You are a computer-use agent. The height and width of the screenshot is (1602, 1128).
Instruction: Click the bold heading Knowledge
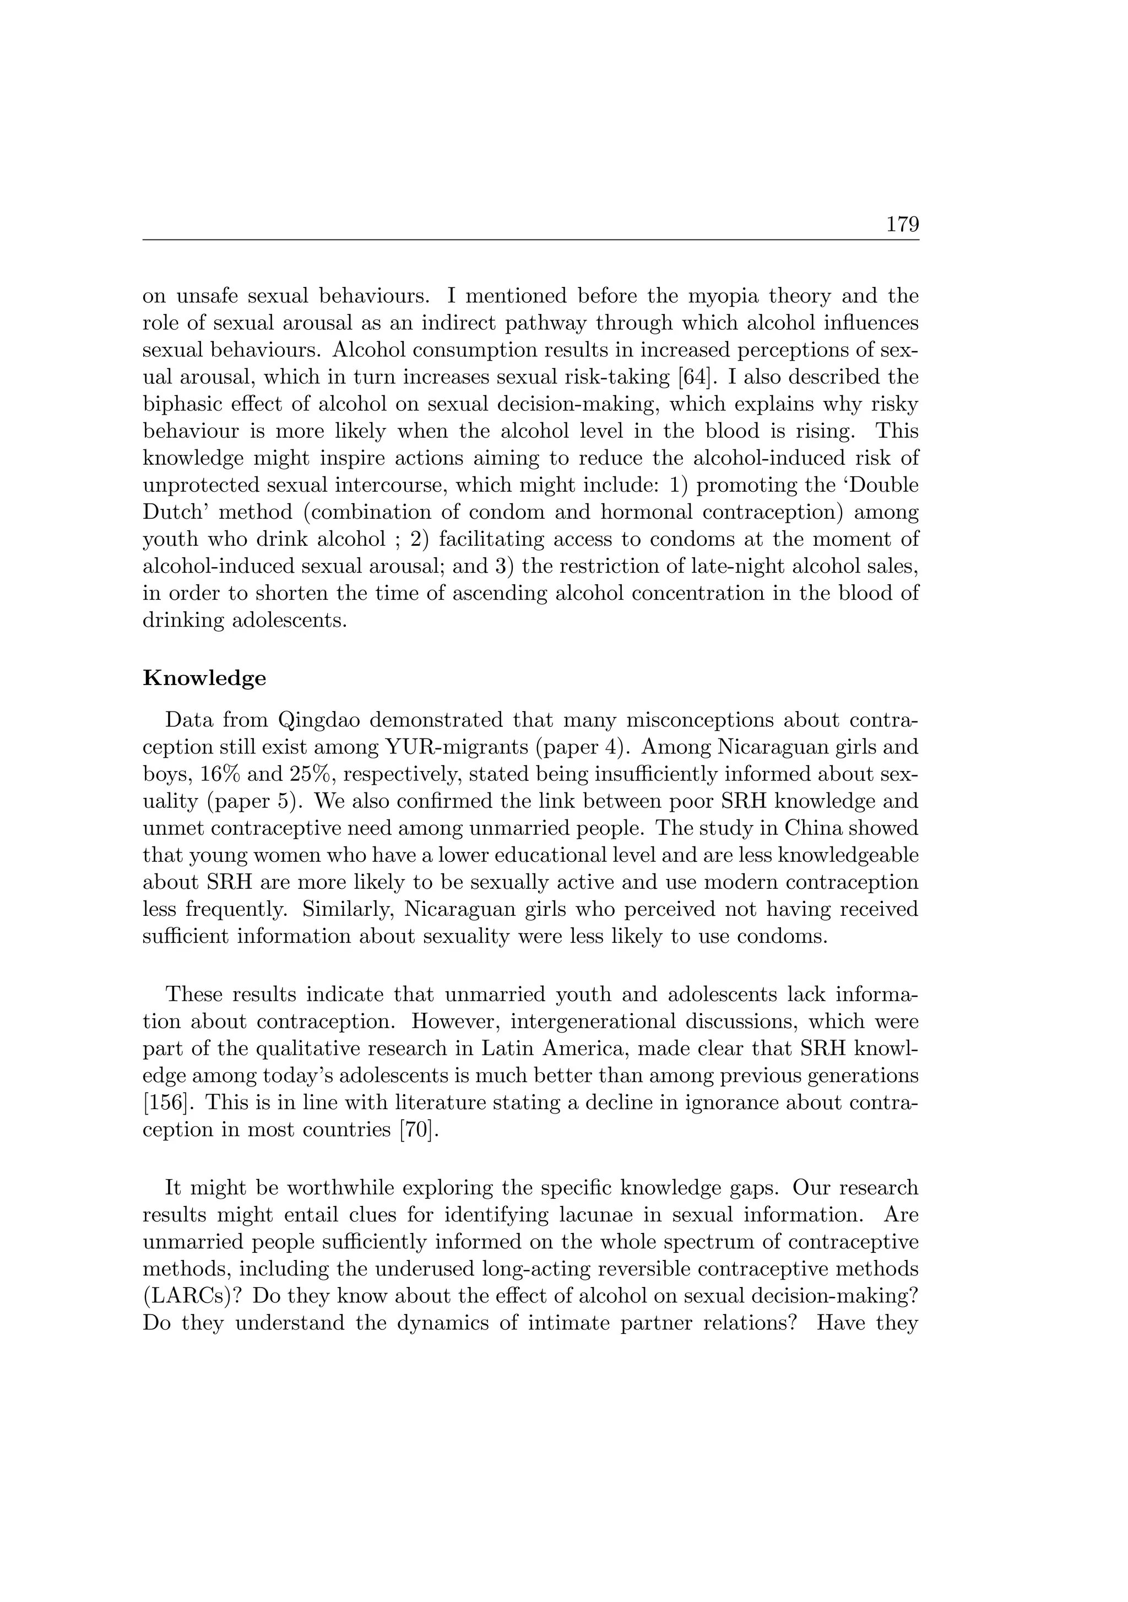click(204, 678)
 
